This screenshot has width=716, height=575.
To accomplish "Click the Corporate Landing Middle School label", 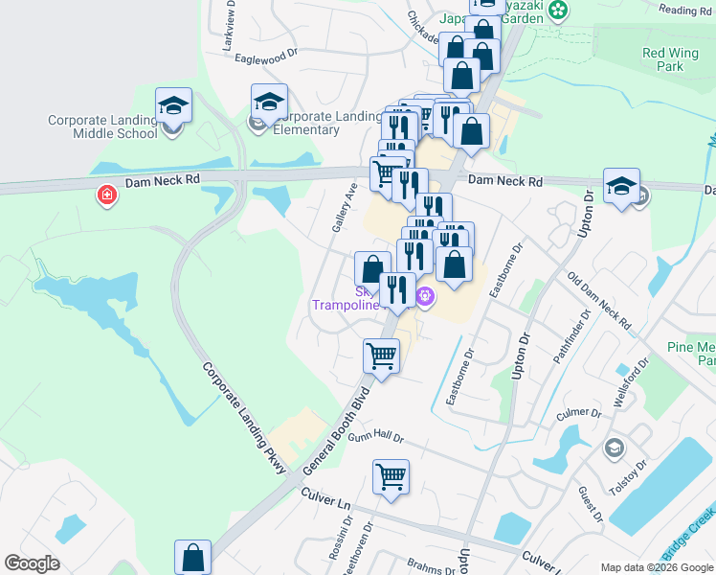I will [102, 126].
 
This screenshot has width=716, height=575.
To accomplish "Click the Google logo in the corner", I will [32, 563].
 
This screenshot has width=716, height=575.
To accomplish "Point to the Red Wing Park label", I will [669, 60].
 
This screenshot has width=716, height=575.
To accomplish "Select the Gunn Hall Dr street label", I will [376, 436].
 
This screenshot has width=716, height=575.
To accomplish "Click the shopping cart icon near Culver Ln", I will [392, 476].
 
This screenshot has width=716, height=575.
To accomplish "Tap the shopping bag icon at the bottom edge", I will [192, 557].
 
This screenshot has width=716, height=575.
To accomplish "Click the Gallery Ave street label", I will [344, 208].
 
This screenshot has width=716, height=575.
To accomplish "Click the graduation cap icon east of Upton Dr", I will [621, 186].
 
